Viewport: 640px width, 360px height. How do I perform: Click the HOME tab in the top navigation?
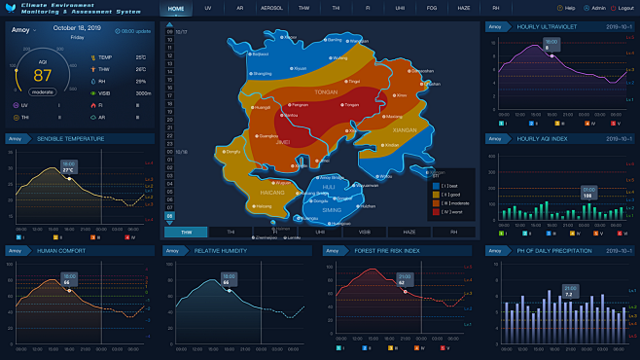click(x=175, y=9)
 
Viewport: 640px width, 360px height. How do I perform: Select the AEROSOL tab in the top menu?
click(x=270, y=9)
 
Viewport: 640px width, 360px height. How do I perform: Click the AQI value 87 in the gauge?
click(x=43, y=75)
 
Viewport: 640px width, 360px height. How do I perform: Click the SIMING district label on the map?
click(x=333, y=210)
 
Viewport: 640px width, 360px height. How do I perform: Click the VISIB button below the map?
click(x=364, y=233)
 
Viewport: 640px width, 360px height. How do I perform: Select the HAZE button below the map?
click(x=409, y=233)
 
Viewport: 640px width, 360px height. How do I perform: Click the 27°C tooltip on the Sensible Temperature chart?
click(x=68, y=166)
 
